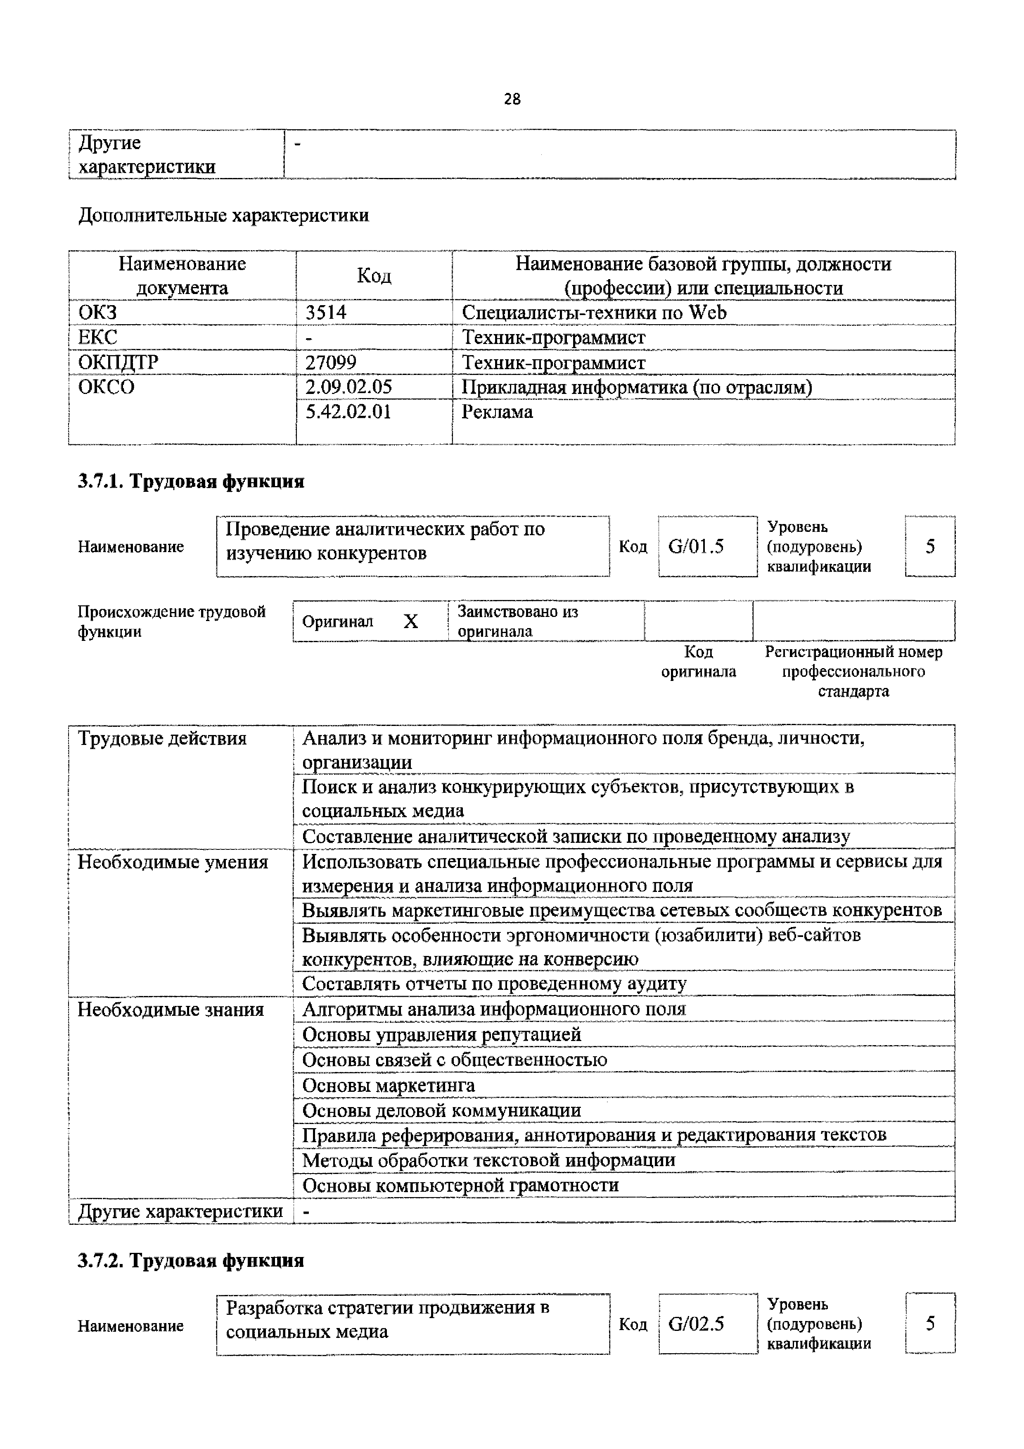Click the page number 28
(512, 99)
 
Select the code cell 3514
(326, 313)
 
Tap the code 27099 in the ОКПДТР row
(331, 362)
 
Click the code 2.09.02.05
(348, 386)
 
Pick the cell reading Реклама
(497, 412)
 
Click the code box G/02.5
(696, 1323)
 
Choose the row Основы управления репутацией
(442, 1035)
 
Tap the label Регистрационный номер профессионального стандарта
(853, 671)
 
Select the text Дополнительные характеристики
(224, 216)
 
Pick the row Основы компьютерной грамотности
(460, 1185)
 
